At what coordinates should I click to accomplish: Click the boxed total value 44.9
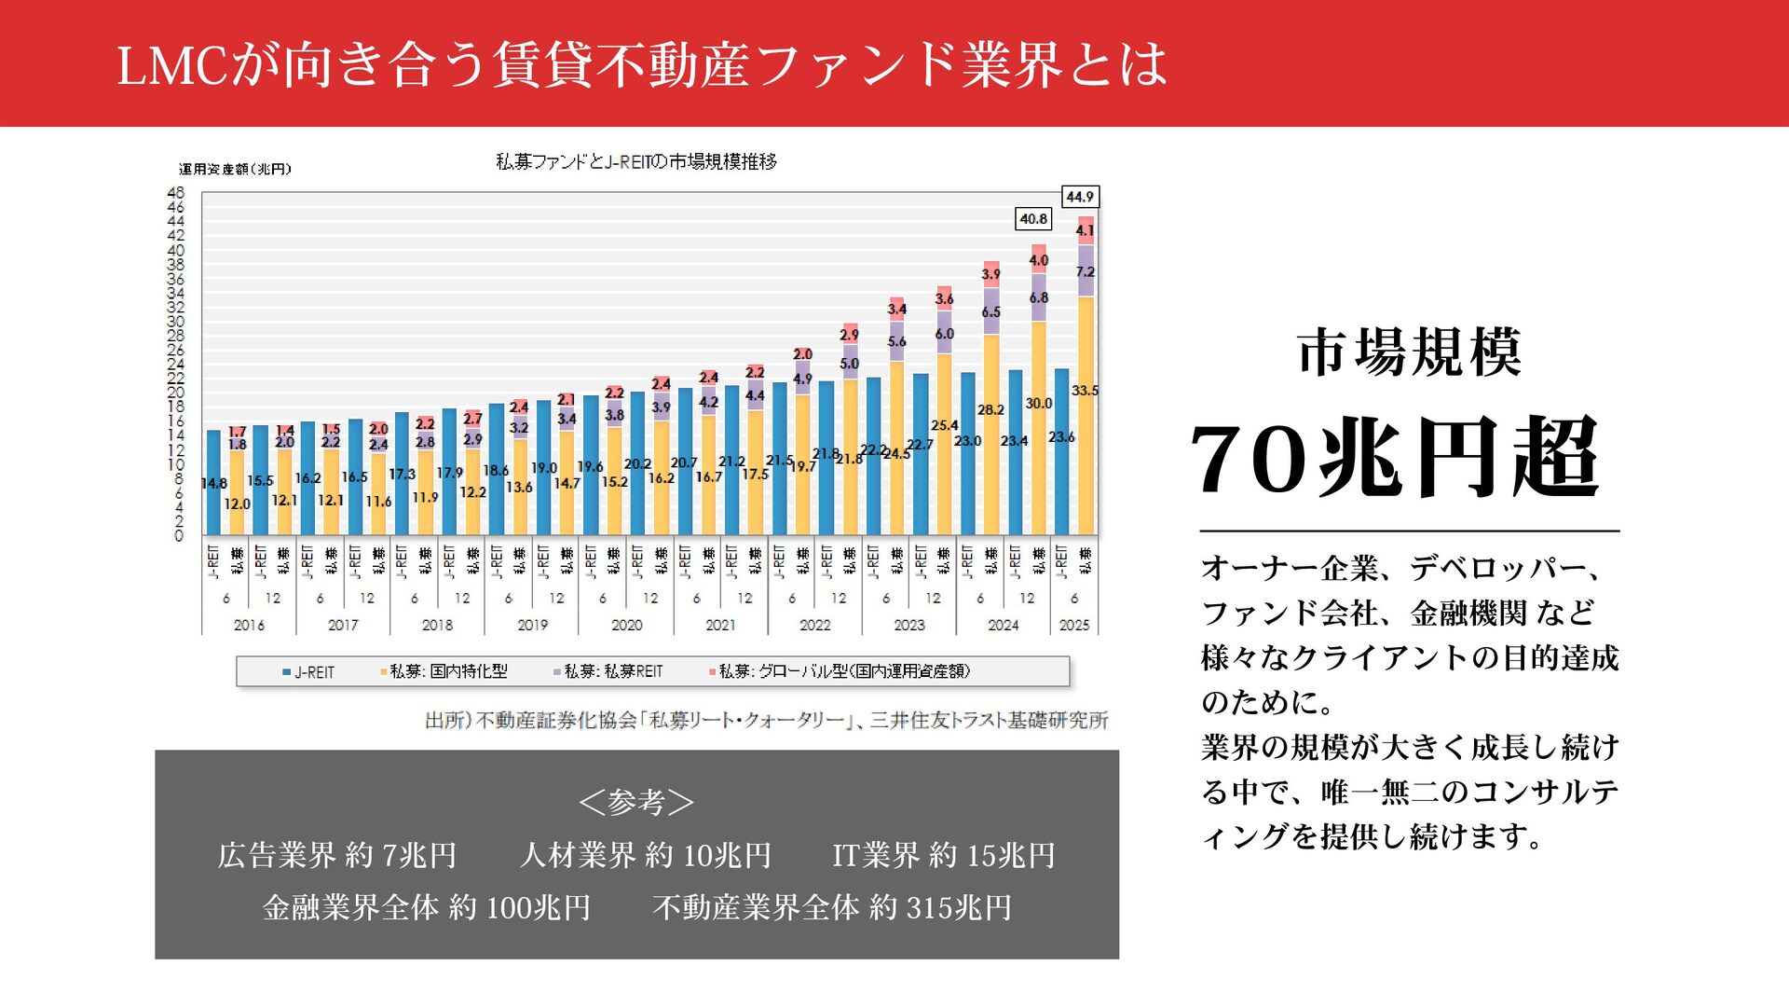click(x=1080, y=197)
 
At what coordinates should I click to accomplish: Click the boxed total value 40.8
click(x=1033, y=219)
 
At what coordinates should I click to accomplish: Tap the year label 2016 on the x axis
click(x=249, y=625)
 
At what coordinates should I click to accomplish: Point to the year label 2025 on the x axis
click(x=1074, y=625)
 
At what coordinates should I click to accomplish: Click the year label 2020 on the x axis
click(x=626, y=625)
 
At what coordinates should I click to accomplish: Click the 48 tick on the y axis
click(x=175, y=193)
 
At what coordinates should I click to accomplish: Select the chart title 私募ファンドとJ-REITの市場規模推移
click(x=636, y=161)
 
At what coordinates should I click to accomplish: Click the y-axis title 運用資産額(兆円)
click(x=235, y=169)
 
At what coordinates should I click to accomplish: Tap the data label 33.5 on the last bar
click(x=1085, y=391)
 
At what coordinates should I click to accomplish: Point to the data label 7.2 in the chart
click(x=1085, y=272)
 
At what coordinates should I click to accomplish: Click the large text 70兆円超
click(x=1395, y=458)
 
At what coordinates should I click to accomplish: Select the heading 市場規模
click(x=1409, y=352)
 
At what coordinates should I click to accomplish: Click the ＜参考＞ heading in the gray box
click(x=636, y=802)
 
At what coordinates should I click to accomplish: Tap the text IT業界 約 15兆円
click(x=943, y=855)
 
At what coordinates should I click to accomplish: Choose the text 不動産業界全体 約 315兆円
click(x=832, y=907)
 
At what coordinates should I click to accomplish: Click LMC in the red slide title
click(x=171, y=65)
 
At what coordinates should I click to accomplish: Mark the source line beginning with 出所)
click(x=766, y=720)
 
